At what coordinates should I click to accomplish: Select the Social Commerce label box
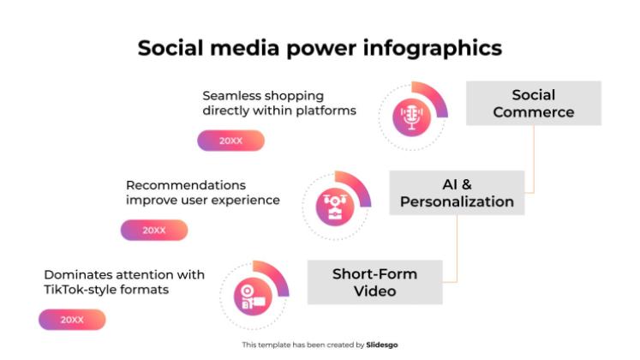point(533,104)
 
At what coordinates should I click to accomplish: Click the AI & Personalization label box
point(457,193)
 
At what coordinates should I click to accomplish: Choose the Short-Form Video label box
point(374,282)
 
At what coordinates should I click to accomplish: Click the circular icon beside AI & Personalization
point(335,207)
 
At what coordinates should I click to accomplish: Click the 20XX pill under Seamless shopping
point(230,141)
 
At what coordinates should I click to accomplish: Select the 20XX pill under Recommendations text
point(154,230)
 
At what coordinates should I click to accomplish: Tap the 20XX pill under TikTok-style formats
point(72,320)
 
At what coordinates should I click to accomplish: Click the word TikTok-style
point(81,290)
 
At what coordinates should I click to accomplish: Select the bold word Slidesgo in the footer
point(381,345)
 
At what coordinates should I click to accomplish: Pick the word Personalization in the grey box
point(457,202)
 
